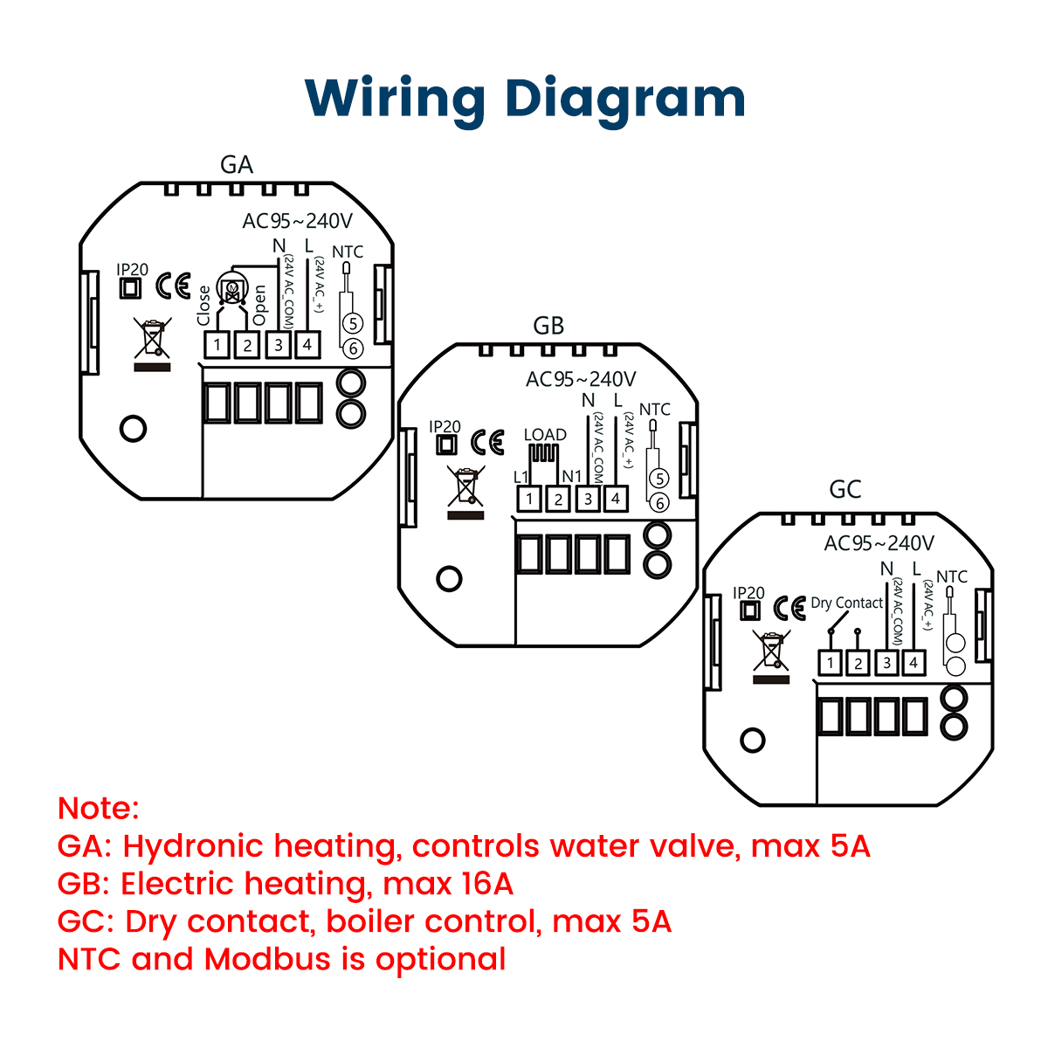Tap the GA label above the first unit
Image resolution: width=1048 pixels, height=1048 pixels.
pos(237,165)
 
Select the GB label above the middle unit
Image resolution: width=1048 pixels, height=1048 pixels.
pos(548,326)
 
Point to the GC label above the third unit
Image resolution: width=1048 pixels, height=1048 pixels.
pos(845,489)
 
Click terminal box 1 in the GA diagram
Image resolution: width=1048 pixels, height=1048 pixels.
pos(217,345)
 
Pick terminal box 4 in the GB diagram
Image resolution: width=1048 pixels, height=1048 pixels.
pos(616,499)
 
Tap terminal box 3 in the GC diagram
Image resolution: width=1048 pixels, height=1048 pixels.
pos(887,663)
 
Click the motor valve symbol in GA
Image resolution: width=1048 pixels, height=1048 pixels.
pos(233,287)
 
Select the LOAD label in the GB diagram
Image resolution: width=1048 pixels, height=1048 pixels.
pos(545,435)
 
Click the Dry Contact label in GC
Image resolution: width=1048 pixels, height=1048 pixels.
pos(847,603)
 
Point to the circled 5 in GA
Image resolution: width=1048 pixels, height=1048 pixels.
pos(353,324)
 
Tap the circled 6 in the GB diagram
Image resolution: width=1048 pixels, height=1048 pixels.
pos(659,503)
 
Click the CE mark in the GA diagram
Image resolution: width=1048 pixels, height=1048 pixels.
pos(174,286)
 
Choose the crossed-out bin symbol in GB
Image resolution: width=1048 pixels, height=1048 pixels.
pos(465,486)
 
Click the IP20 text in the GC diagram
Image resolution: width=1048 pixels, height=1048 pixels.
pos(748,592)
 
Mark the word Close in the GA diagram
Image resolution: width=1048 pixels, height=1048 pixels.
pos(203,306)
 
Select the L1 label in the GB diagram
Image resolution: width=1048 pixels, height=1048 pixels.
pos(521,477)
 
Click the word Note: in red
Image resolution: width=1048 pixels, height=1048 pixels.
pos(99,808)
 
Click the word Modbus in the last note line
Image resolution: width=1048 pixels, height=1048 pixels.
pos(267,958)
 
